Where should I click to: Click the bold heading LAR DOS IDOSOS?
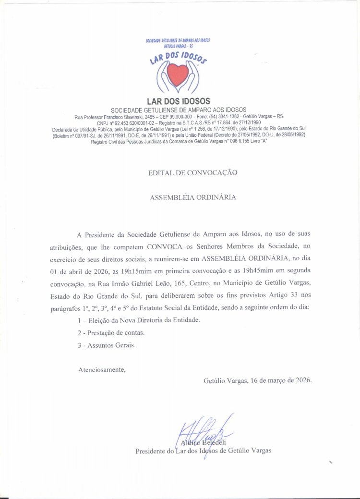pyautogui.click(x=179, y=101)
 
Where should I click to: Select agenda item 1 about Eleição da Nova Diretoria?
pyautogui.click(x=138, y=320)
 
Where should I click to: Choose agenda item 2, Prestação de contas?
pyautogui.click(x=111, y=332)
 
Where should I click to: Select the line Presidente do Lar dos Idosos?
pyautogui.click(x=204, y=450)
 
